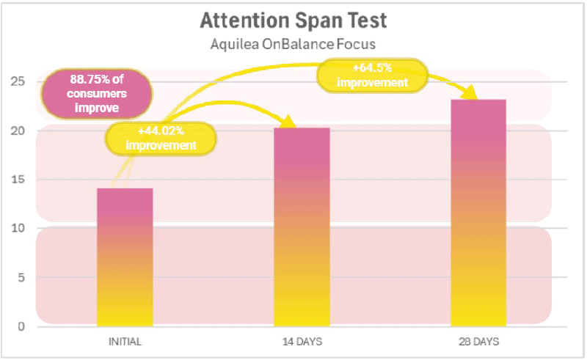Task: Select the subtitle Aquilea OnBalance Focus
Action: [292, 43]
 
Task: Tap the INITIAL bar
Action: [125, 257]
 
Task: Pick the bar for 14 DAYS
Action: [302, 227]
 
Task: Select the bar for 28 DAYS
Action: [478, 213]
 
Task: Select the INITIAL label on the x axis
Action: [125, 342]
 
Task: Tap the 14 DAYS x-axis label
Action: [302, 342]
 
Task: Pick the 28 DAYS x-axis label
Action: [478, 342]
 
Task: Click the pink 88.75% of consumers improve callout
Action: [84, 94]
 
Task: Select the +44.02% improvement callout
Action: [161, 138]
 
